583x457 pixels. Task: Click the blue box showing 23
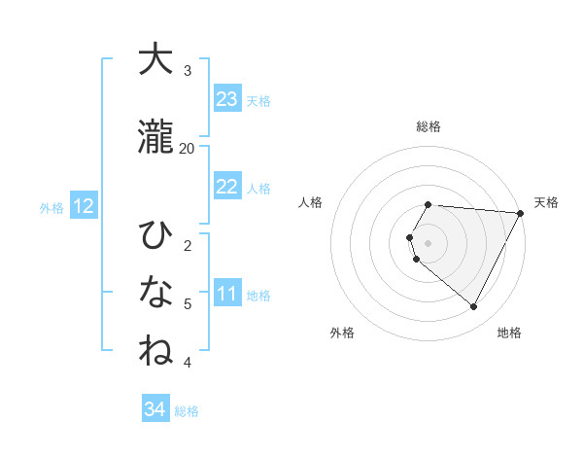227,99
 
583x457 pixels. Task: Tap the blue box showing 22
227,187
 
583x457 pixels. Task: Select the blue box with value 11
227,294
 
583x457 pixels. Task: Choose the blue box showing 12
84,206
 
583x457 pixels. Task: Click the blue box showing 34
155,409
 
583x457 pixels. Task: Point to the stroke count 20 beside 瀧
188,148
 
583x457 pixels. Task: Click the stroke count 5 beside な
188,303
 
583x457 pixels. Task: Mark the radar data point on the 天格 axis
520,213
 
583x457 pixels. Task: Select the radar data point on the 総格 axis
429,205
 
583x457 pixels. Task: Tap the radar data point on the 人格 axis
410,237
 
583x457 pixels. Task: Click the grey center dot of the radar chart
429,243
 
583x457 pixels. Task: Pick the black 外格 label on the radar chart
342,333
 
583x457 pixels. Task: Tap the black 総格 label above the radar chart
429,126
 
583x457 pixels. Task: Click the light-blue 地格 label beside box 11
259,295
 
